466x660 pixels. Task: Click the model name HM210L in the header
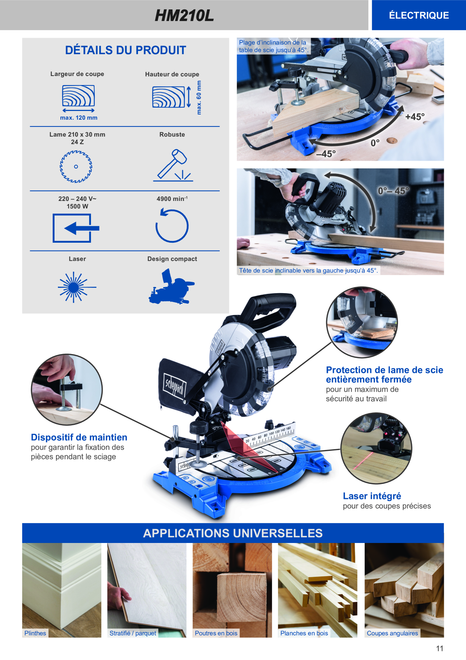click(184, 15)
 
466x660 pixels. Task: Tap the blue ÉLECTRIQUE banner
click(419, 15)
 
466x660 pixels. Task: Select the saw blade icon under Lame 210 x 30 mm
click(76, 167)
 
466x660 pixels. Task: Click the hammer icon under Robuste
click(173, 166)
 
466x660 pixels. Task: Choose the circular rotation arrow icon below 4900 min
click(172, 225)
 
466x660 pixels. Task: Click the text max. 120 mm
click(79, 118)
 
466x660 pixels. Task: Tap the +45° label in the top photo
click(415, 117)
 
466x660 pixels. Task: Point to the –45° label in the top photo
click(326, 154)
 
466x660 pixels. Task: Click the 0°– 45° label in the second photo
click(393, 191)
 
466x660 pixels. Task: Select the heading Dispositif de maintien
click(79, 437)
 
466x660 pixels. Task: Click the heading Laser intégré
click(372, 496)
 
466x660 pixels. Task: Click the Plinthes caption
click(35, 633)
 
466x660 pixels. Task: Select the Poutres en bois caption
click(216, 633)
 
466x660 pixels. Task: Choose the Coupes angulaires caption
click(392, 633)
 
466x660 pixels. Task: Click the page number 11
click(440, 648)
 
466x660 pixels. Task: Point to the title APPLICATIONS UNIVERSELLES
click(233, 533)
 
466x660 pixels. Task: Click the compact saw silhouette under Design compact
click(172, 286)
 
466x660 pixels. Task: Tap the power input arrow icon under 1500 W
click(76, 228)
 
